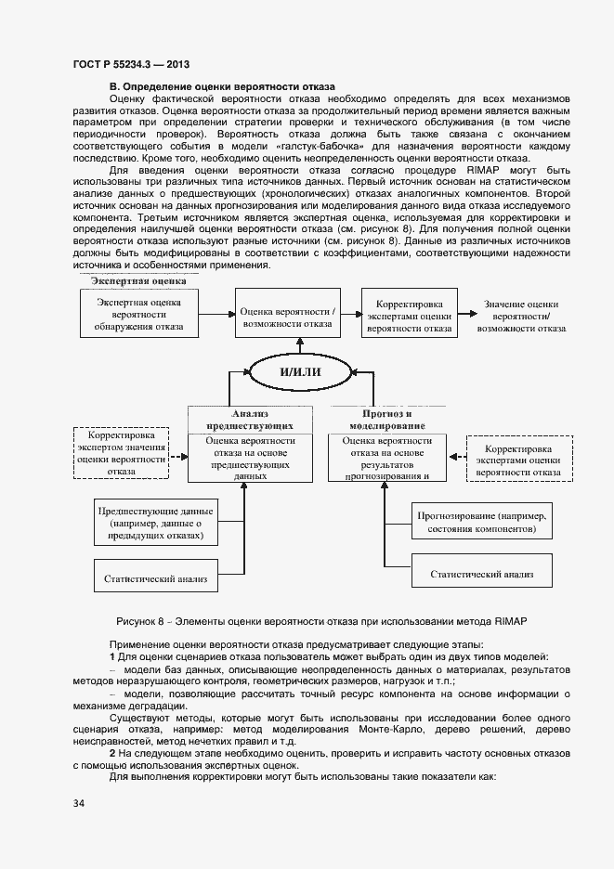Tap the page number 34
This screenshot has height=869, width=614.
pyautogui.click(x=78, y=801)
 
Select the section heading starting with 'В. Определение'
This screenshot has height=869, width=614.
pyautogui.click(x=222, y=86)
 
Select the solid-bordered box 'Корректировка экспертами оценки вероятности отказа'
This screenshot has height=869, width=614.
pyautogui.click(x=409, y=316)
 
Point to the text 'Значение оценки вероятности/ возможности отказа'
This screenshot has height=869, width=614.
pyautogui.click(x=521, y=316)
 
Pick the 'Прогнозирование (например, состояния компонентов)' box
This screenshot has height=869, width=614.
pyautogui.click(x=480, y=522)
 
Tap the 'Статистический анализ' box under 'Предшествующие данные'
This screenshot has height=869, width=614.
pyautogui.click(x=155, y=576)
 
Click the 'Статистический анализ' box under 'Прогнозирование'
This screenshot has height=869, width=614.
pyautogui.click(x=480, y=574)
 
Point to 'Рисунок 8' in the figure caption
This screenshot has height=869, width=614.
pyautogui.click(x=140, y=620)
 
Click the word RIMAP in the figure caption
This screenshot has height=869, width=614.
pyautogui.click(x=513, y=620)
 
